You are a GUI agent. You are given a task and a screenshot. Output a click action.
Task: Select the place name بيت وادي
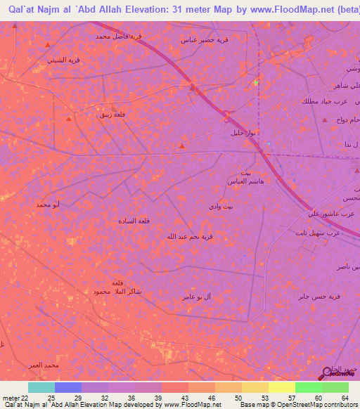pyautogui.click(x=215, y=205)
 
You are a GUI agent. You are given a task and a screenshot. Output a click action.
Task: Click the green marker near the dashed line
pyautogui.click(x=256, y=82)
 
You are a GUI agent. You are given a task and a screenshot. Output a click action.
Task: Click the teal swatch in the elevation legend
pyautogui.click(x=41, y=387)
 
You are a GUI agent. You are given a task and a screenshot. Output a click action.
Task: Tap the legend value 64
pyautogui.click(x=344, y=398)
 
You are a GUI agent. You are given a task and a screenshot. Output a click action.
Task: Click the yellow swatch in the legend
pyautogui.click(x=282, y=387)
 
